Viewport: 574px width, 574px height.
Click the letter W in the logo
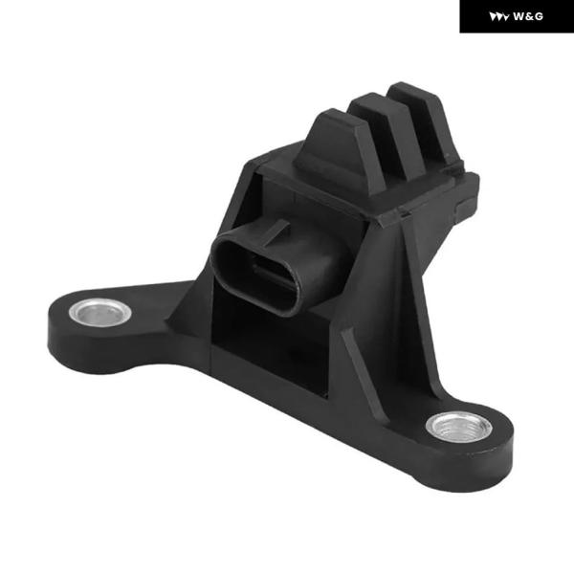pos(519,16)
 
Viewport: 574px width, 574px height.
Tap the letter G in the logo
pos(539,16)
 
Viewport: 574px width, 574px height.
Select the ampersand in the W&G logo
pos(529,16)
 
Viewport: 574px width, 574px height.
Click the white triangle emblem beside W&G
pos(499,17)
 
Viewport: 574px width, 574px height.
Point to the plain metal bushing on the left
pos(99,313)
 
